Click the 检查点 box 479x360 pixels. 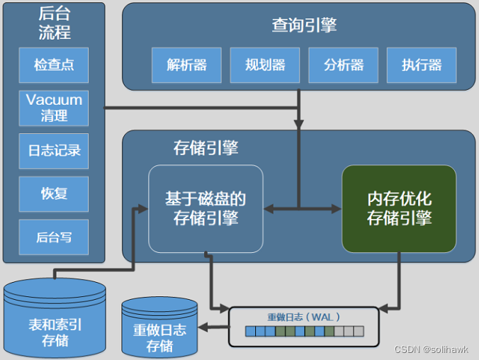coord(54,65)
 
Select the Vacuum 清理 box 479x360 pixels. coord(54,108)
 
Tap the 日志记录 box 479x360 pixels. coord(54,151)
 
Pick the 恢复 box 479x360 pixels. coord(54,193)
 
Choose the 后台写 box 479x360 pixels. coord(54,237)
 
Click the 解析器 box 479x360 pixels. coord(187,65)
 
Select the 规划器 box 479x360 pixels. coord(265,65)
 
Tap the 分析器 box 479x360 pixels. coord(344,65)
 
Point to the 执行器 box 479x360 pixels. coord(422,65)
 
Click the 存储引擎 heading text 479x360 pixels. coord(205,147)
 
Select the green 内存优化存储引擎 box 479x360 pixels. coord(399,208)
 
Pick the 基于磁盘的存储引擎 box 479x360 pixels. coord(205,208)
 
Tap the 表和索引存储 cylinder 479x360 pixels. coord(55,322)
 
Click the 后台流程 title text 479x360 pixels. coord(54,23)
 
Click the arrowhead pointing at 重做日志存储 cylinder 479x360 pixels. coord(203,327)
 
